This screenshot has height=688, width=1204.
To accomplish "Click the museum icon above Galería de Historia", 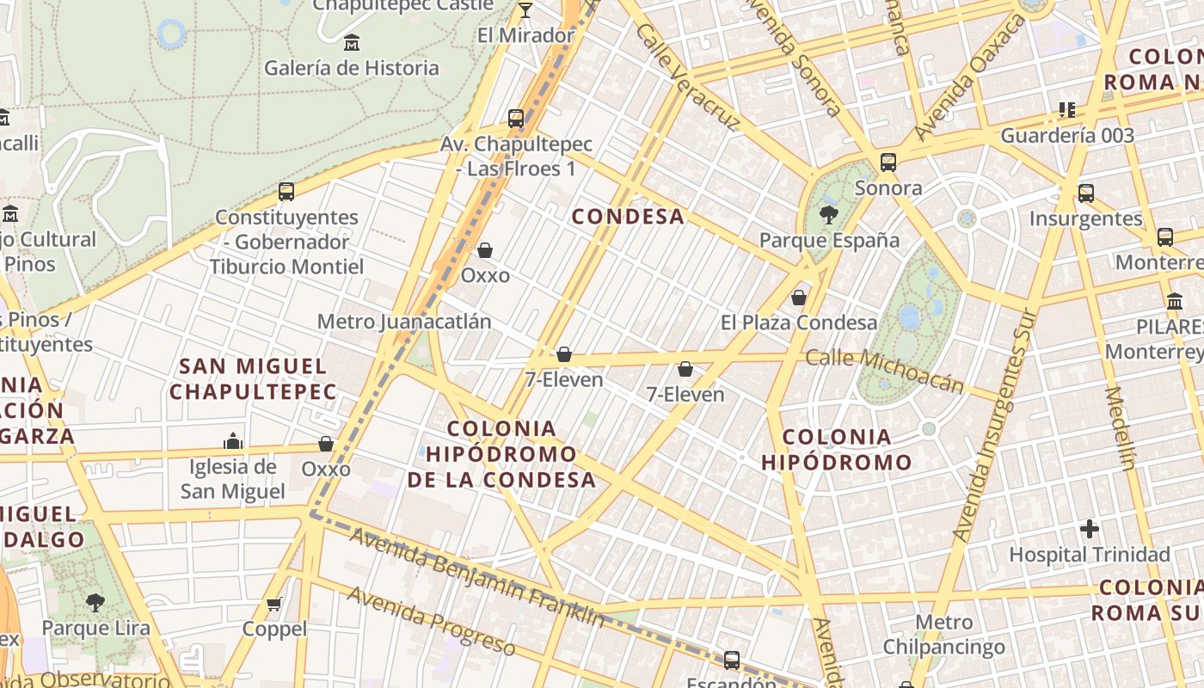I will click(351, 42).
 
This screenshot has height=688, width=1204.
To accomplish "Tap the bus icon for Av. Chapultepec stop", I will click(516, 119).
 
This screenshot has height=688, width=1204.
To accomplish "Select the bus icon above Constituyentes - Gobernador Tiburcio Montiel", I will click(286, 192).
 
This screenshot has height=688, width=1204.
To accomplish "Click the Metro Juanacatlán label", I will click(404, 322).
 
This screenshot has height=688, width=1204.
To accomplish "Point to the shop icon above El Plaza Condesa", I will click(799, 298).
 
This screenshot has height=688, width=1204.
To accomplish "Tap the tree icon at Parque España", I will click(829, 215).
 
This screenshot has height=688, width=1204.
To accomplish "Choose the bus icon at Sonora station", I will click(888, 162).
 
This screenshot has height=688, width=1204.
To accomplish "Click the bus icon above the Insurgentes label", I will click(1086, 193).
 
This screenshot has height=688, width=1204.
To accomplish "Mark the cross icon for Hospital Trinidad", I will click(1090, 528).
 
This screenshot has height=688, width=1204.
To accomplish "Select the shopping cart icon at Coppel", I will click(274, 604).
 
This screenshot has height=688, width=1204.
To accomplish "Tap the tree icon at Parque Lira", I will click(95, 602).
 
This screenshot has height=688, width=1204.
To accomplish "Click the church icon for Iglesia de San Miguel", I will click(233, 441).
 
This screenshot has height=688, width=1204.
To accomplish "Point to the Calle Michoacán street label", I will click(885, 369).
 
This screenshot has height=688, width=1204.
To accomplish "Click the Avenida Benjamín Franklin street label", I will click(477, 577).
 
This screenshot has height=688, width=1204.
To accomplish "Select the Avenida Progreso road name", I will click(431, 621).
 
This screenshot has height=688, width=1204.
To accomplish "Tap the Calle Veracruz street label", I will click(688, 77).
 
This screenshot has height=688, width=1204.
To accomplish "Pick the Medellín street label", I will click(1120, 427).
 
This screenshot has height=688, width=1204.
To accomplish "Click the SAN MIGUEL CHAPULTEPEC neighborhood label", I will click(253, 379).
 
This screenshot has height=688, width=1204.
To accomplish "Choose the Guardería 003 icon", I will click(1067, 110).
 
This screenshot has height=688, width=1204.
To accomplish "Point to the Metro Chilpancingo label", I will click(943, 635).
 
